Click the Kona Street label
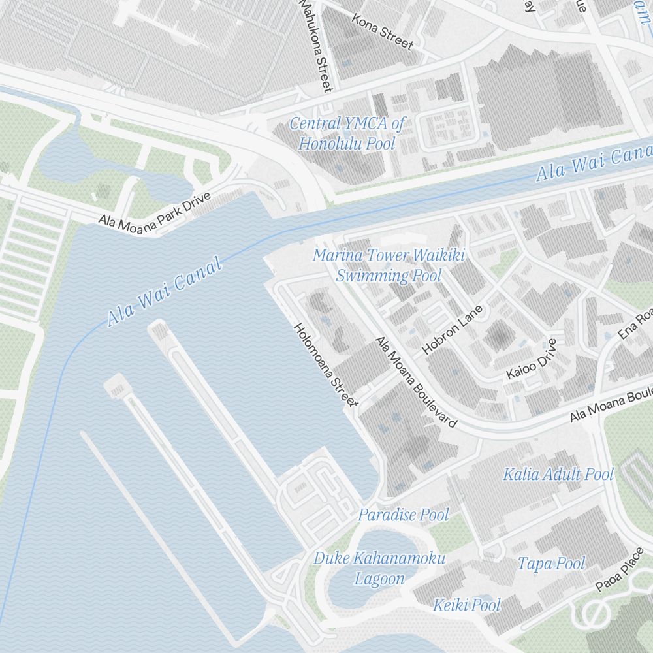(x=383, y=31)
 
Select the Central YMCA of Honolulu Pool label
(x=347, y=133)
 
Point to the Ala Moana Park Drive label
(x=155, y=210)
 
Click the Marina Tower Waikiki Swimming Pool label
(x=389, y=265)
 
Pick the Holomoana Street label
(x=325, y=364)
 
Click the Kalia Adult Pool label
(x=558, y=474)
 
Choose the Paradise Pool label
(x=403, y=515)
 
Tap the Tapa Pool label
(x=551, y=563)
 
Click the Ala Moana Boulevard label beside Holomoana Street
(x=415, y=382)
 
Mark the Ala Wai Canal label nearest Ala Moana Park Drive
(x=165, y=291)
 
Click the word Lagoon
(x=379, y=579)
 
